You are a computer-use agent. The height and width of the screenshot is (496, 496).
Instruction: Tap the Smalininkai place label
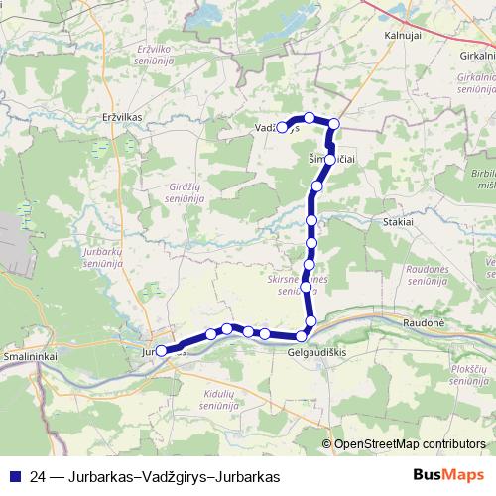pos(30,353)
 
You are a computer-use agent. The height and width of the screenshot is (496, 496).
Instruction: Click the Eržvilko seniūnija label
pos(158,54)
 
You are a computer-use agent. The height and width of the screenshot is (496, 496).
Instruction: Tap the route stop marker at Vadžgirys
pos(282,127)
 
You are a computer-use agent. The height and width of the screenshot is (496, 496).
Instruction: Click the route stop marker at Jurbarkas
pos(162,350)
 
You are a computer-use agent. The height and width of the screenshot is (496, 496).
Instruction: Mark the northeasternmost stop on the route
pos(334,124)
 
